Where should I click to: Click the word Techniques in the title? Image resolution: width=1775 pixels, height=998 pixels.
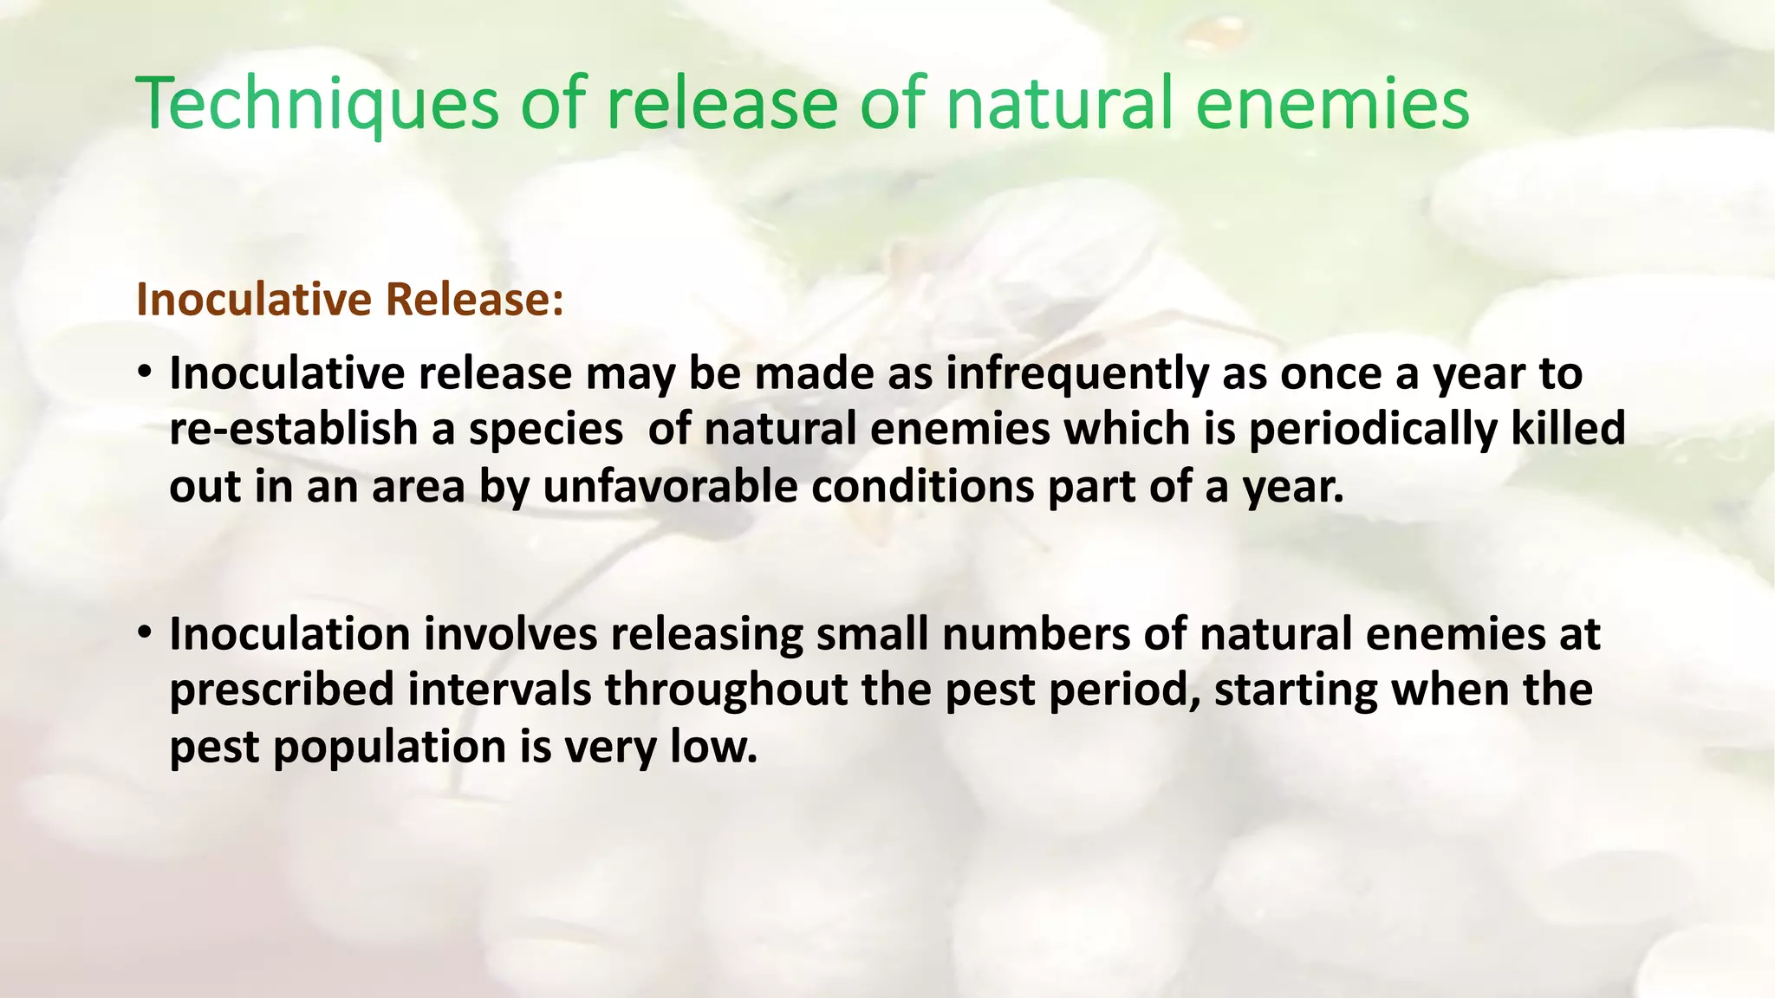pos(317,104)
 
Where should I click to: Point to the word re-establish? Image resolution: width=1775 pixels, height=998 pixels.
pos(294,430)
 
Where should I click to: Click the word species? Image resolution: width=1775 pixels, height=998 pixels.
pos(546,431)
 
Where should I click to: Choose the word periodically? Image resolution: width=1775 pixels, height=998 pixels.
pos(1372,430)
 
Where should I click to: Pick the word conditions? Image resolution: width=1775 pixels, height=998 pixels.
pos(922,487)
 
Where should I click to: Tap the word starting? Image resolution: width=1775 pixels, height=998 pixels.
pos(1295,690)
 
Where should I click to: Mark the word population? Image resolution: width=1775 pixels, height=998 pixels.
pos(390,748)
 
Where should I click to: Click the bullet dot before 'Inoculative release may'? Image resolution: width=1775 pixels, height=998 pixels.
pos(145,373)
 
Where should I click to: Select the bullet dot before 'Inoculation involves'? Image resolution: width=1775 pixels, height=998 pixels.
pos(145,634)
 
